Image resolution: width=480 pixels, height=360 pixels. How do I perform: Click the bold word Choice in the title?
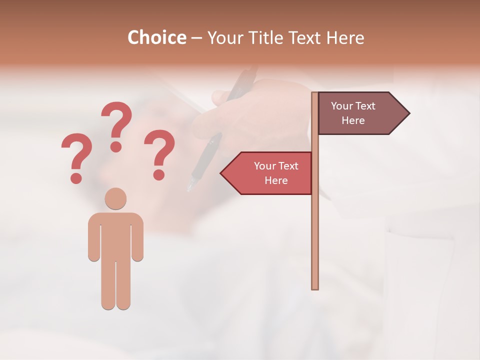[x=156, y=38]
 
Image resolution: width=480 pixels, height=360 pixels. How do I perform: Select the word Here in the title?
[x=345, y=38]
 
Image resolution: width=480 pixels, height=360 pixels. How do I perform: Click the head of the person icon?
[x=115, y=198]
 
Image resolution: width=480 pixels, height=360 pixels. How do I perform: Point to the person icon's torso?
[x=115, y=235]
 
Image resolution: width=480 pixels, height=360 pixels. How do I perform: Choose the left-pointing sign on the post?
[x=270, y=173]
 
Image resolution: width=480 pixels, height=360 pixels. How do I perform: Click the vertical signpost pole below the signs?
[x=315, y=240]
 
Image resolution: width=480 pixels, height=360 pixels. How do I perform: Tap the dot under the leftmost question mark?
[x=76, y=177]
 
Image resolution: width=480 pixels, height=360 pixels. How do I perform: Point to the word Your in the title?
[x=223, y=38]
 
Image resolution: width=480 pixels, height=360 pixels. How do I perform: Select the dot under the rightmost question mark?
[x=159, y=174]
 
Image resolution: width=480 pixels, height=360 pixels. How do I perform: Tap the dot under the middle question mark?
[x=116, y=146]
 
